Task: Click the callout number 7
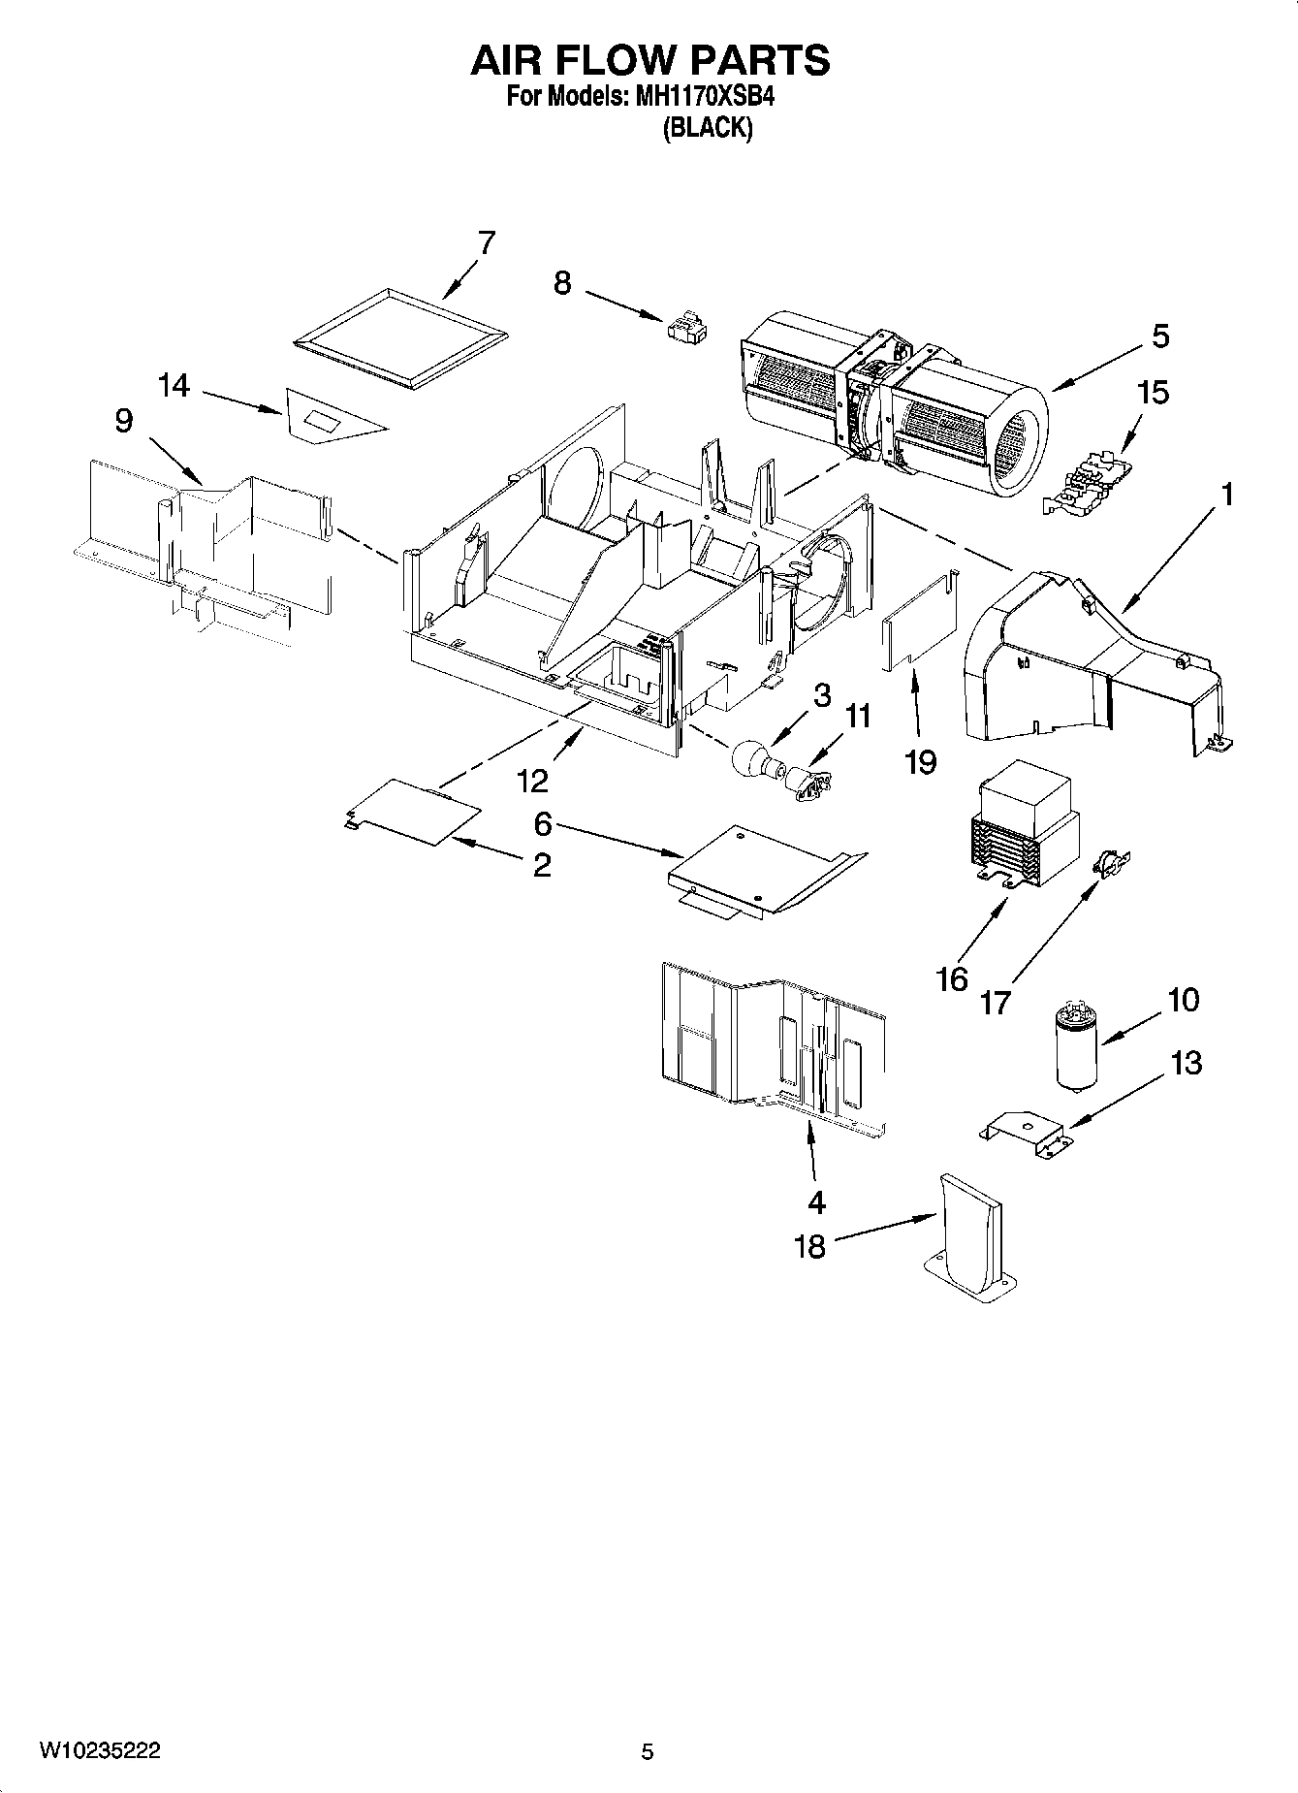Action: [486, 241]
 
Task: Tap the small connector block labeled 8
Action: [686, 327]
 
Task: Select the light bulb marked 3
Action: [752, 758]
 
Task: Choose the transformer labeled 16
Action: [1025, 836]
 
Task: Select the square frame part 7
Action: [398, 338]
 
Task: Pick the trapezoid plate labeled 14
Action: [330, 417]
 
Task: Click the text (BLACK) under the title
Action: [707, 128]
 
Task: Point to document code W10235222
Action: [100, 1751]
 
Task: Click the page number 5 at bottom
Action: [648, 1751]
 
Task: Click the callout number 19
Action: [920, 761]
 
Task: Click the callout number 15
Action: [1153, 393]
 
